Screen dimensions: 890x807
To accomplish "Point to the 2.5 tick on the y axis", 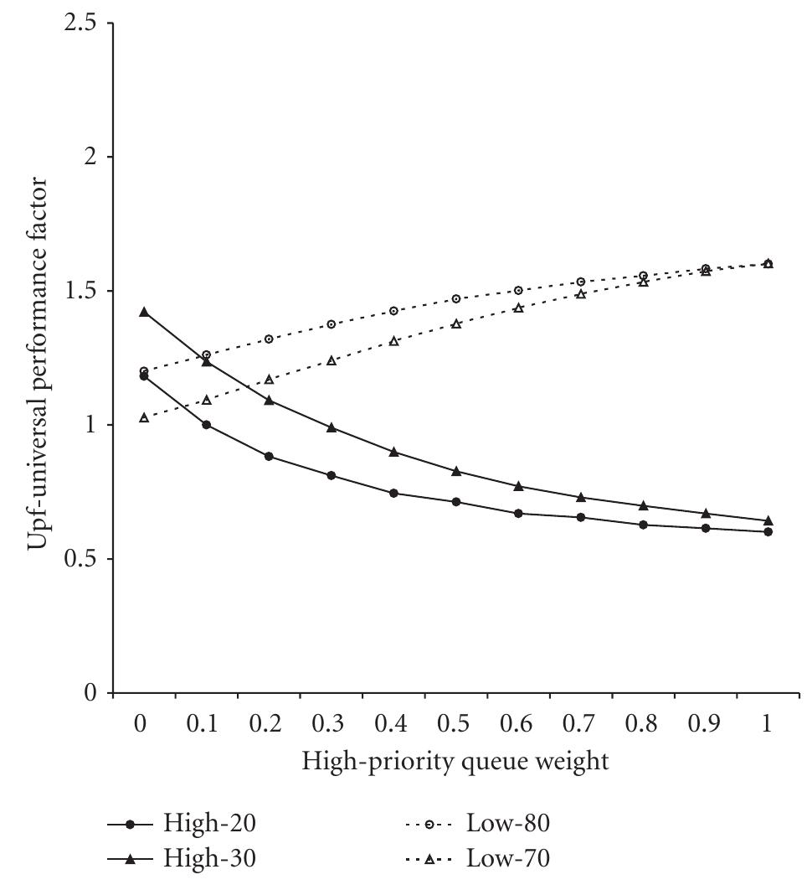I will coord(77,23).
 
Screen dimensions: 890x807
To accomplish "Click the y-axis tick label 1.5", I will coord(77,291).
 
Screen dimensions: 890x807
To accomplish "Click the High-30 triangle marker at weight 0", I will coord(144,312).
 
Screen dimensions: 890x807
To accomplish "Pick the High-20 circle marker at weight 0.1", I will coord(206,424).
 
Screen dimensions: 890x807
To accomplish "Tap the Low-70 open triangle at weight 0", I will coord(144,417).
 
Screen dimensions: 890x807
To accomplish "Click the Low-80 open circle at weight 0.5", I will coord(456,298).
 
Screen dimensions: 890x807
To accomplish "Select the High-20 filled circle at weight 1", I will coord(768,531).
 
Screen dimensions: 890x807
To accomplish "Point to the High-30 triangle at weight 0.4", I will coord(393,452).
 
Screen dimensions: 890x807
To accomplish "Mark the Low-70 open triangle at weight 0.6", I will coord(518,308).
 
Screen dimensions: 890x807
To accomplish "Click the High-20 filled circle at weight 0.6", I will coord(518,513).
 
